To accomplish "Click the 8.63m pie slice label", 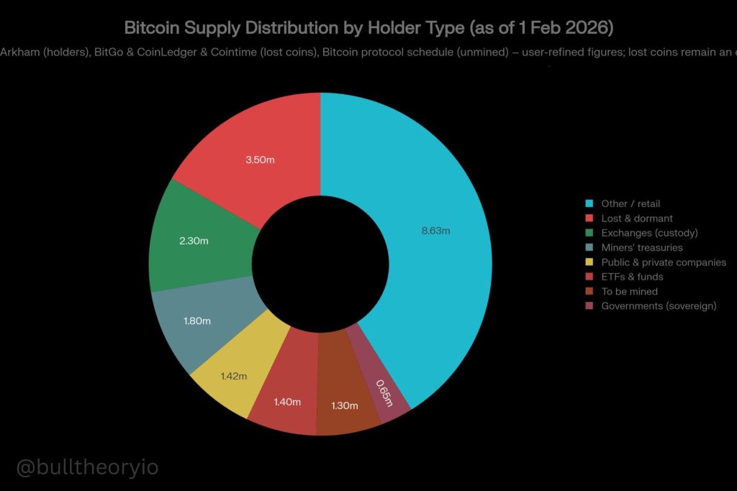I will pos(435,231).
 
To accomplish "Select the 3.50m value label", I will pos(260,160).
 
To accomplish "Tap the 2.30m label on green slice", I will pos(194,241).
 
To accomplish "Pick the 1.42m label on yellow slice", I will pos(233,376).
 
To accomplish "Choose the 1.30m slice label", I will pos(344,405).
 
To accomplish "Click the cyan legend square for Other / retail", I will pos(590,204).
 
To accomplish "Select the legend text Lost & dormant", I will pos(637,219).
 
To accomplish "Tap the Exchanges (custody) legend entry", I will pos(649,233).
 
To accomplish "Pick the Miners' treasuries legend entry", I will pos(641,248).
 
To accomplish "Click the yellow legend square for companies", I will pos(590,262).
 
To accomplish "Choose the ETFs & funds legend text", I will pos(632,277).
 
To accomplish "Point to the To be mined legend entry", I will pos(629,291).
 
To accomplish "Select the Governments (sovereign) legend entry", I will pos(659,306).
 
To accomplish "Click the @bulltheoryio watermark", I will pos(87,467).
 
